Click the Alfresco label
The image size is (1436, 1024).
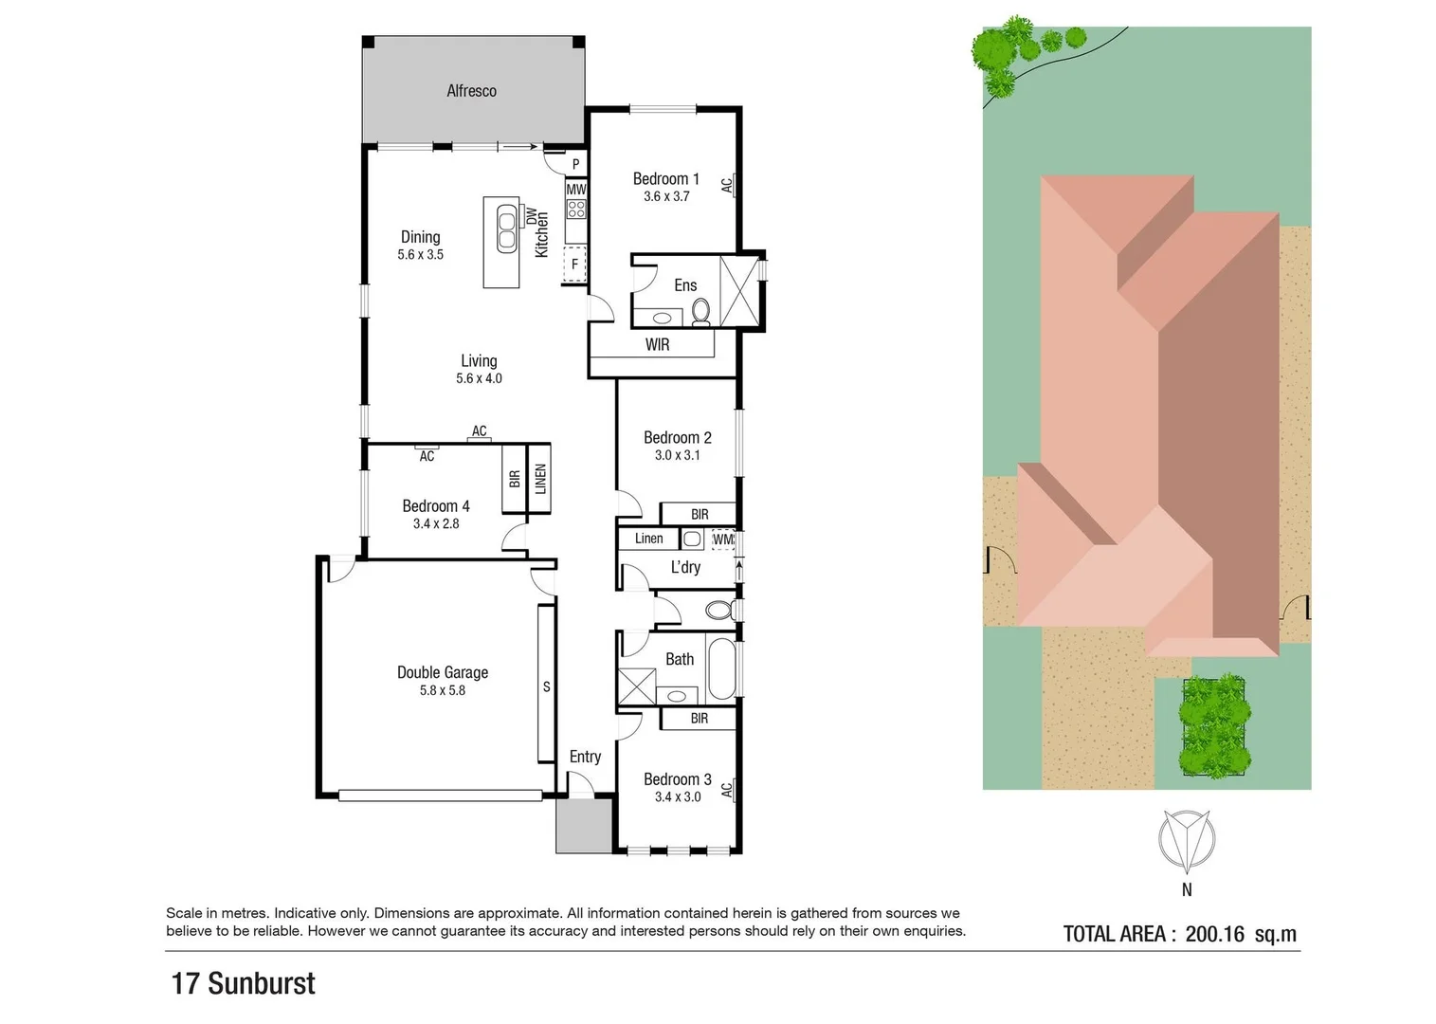click(471, 91)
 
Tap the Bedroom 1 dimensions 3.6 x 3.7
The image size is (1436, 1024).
click(666, 196)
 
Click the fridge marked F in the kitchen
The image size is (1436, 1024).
click(574, 264)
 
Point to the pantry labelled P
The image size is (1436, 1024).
click(575, 164)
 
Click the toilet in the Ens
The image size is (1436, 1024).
click(701, 311)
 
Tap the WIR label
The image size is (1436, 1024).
click(657, 345)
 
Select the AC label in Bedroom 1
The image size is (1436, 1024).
click(727, 185)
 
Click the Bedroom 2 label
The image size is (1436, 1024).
click(677, 437)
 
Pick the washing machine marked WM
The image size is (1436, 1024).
click(723, 539)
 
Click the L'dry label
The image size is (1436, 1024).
click(685, 567)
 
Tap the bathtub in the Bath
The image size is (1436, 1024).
click(721, 668)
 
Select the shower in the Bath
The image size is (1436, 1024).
click(636, 685)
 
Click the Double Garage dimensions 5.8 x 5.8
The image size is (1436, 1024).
click(443, 690)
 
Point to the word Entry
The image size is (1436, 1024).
click(585, 757)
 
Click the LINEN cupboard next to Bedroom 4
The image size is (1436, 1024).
click(540, 479)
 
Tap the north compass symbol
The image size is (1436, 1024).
click(1187, 841)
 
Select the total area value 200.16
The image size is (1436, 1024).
click(1214, 934)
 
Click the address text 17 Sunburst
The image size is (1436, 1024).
click(244, 983)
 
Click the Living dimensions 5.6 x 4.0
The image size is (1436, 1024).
click(479, 378)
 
